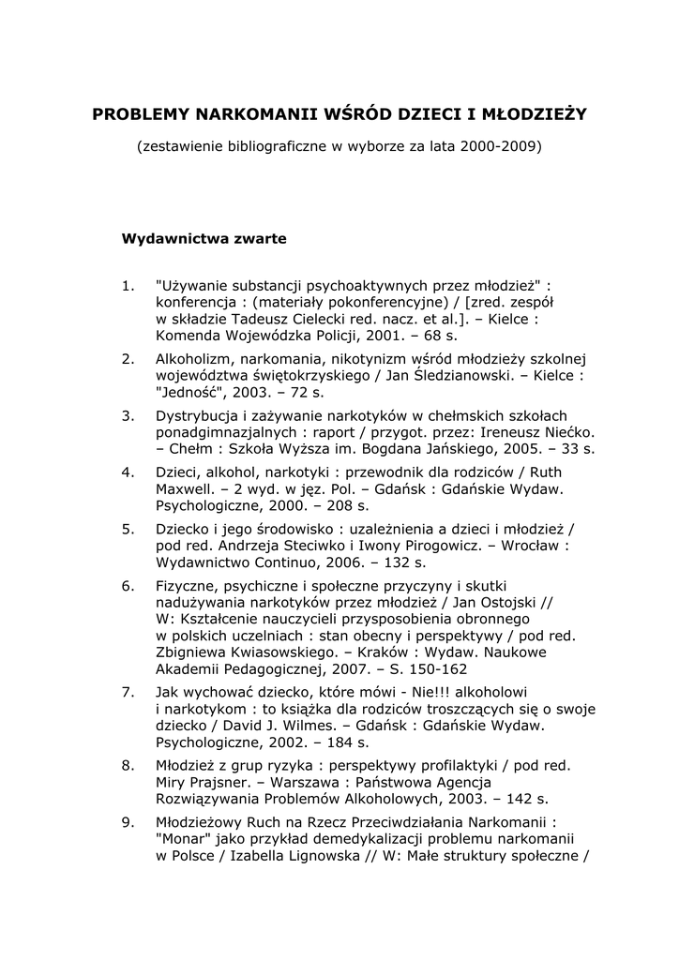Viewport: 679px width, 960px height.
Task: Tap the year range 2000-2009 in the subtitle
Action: click(501, 146)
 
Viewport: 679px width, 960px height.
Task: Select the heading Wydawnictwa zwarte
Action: click(204, 238)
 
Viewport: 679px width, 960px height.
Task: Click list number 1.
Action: click(128, 284)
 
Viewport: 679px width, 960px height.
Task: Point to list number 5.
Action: click(128, 529)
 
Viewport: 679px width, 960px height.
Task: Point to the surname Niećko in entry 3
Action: click(566, 432)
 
